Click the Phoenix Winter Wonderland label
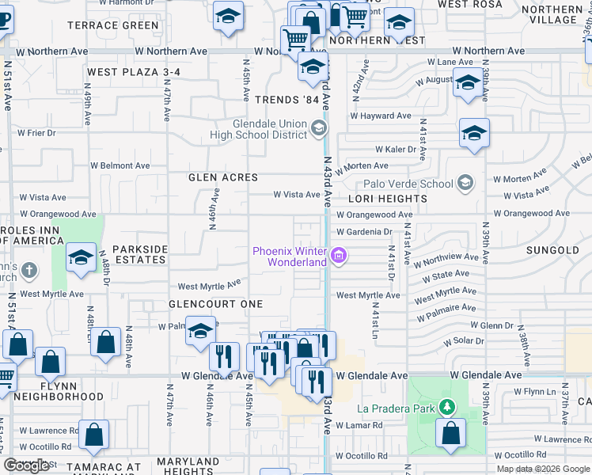tap(290, 256)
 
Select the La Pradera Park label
tap(395, 408)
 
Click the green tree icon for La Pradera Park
tap(447, 408)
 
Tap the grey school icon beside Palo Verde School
tap(465, 184)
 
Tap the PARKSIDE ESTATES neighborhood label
tap(140, 254)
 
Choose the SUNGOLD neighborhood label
tap(552, 250)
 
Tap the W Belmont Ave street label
tap(120, 166)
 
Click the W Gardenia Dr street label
tap(364, 232)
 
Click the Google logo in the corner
tap(26, 465)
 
